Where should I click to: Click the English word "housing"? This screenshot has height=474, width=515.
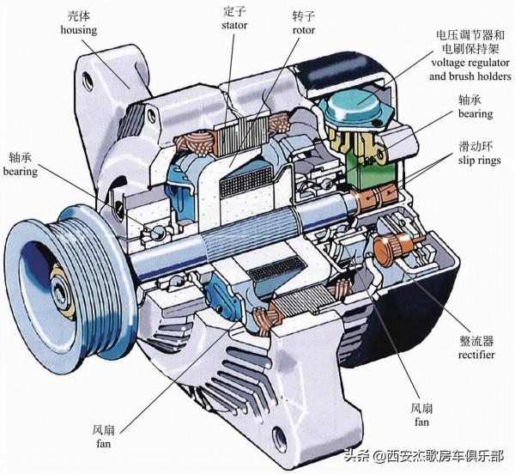point(78,30)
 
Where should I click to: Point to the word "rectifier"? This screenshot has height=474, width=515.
point(472,355)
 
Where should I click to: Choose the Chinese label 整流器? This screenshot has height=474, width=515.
point(472,340)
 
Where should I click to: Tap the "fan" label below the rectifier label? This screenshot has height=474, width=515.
point(421,422)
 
